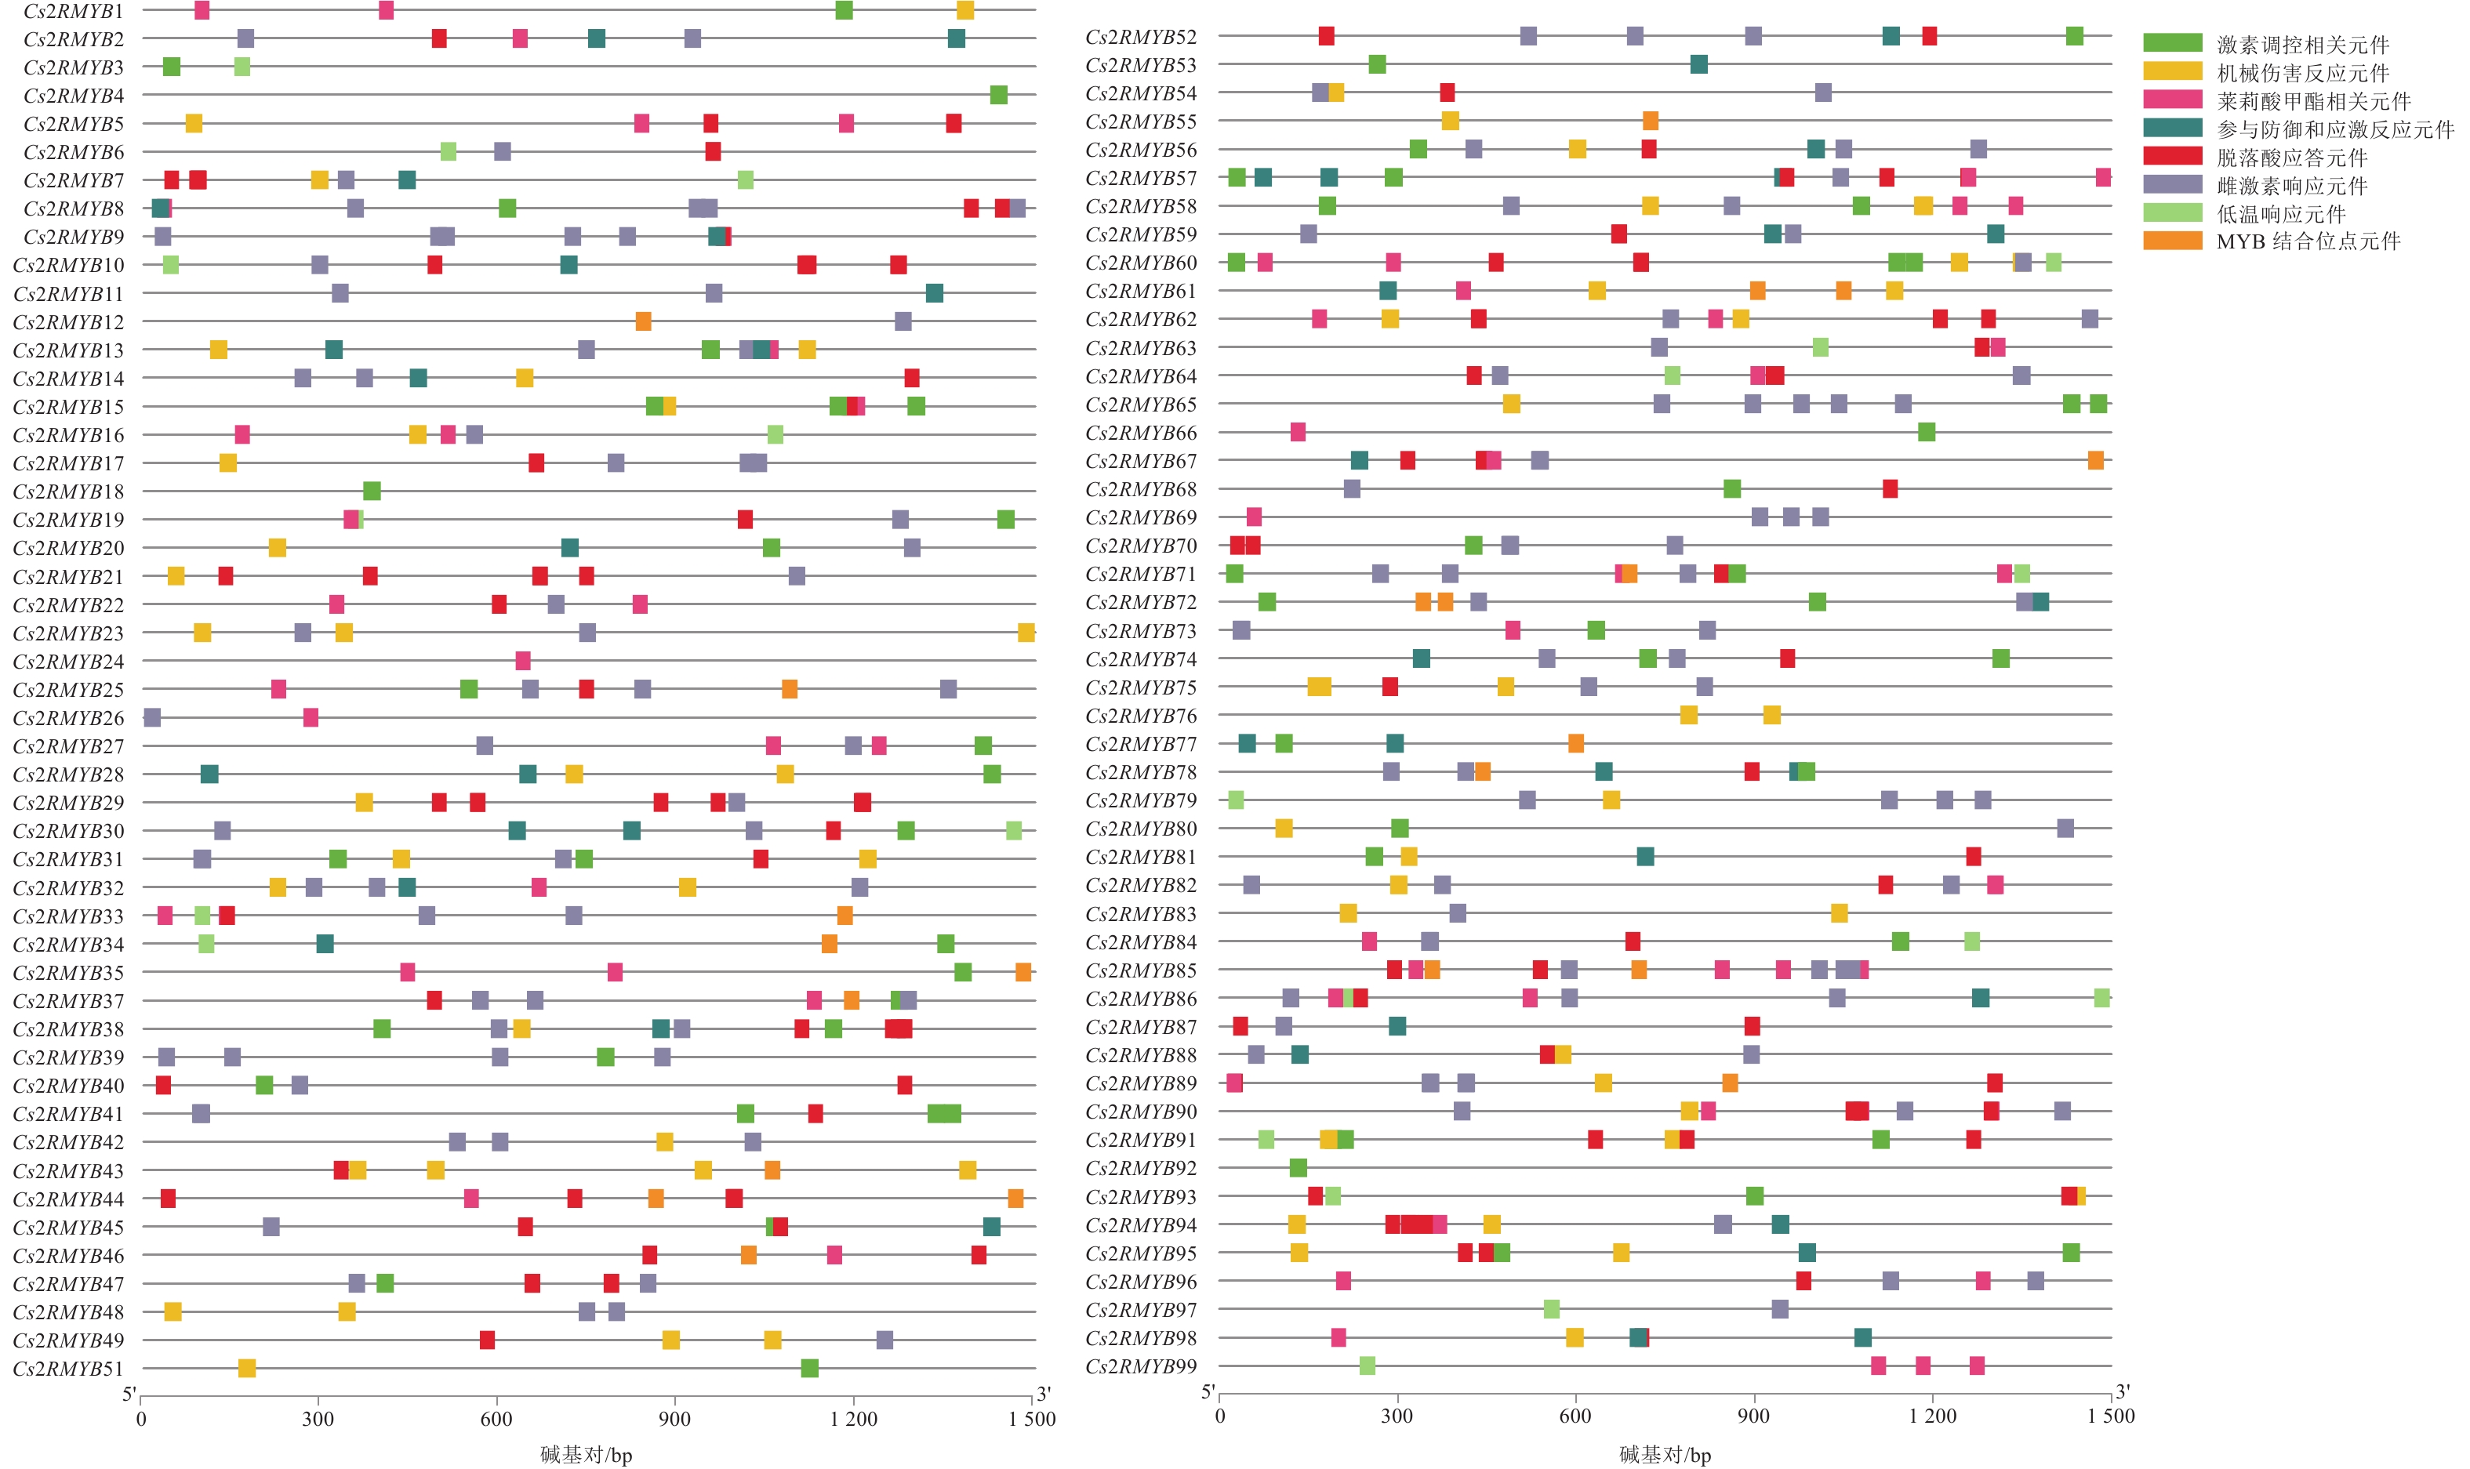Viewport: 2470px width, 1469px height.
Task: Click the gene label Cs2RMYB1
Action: point(73,11)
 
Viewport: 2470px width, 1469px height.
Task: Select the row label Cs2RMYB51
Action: point(68,1369)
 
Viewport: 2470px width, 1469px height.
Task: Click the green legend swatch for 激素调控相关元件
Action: point(2172,42)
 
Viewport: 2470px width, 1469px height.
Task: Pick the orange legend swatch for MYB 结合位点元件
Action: point(2172,241)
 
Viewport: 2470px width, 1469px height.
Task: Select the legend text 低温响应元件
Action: point(2280,214)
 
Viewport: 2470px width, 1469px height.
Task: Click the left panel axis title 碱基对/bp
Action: point(586,1454)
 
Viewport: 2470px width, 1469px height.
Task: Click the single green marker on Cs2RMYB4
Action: point(999,95)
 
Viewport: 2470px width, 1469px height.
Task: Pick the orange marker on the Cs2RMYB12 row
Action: point(644,321)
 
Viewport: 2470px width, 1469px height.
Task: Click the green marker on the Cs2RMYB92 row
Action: point(1298,1168)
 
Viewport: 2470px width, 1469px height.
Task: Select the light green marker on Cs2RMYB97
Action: point(1551,1310)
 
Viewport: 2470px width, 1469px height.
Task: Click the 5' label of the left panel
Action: point(129,1394)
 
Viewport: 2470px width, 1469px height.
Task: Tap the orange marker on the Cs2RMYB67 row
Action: point(2096,460)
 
